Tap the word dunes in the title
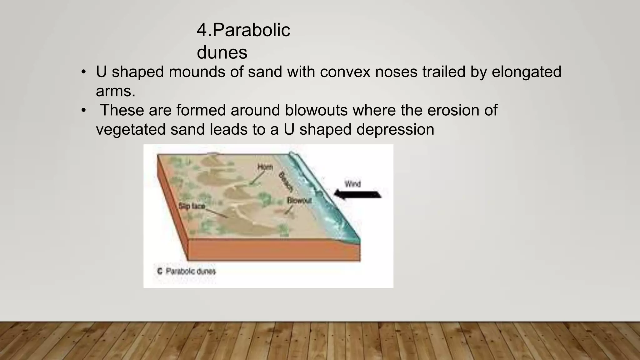(x=222, y=52)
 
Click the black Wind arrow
(x=357, y=194)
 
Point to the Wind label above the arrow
(x=352, y=184)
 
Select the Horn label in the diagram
(x=265, y=167)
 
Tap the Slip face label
(x=192, y=206)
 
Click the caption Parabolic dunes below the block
(x=191, y=271)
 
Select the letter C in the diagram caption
(x=160, y=271)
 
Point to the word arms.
(x=115, y=91)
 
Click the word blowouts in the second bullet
(x=316, y=110)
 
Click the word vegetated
(x=131, y=129)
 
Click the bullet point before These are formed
(x=83, y=110)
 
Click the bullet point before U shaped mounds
(x=83, y=72)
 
